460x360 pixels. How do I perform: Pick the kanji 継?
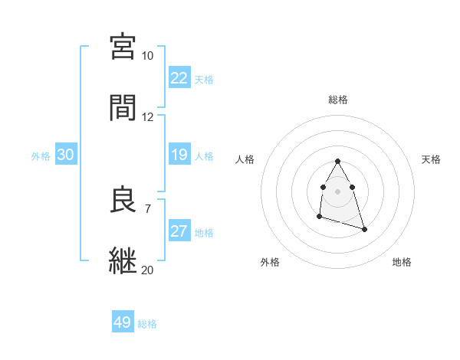123,260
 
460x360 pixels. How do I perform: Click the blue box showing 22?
179,78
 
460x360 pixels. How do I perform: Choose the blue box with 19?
179,155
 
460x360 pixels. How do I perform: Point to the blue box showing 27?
179,231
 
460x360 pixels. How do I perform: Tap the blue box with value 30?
66,155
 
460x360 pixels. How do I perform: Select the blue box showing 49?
123,322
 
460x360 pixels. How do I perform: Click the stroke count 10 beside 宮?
148,56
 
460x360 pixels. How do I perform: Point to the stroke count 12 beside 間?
148,117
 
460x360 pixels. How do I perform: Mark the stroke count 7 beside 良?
148,208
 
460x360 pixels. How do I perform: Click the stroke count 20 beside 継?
148,270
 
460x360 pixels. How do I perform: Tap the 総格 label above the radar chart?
338,100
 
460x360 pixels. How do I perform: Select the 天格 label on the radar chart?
432,159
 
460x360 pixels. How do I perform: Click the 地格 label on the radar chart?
402,262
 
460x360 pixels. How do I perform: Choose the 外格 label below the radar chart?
270,262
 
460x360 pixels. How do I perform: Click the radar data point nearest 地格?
364,229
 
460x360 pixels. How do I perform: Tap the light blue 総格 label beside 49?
148,324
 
